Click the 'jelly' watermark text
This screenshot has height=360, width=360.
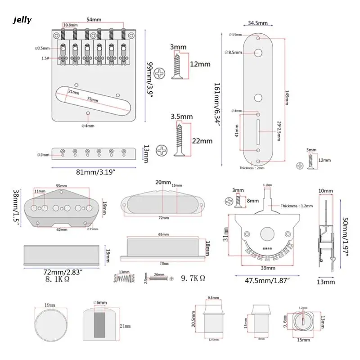22,19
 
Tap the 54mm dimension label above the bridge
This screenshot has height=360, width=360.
94,20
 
